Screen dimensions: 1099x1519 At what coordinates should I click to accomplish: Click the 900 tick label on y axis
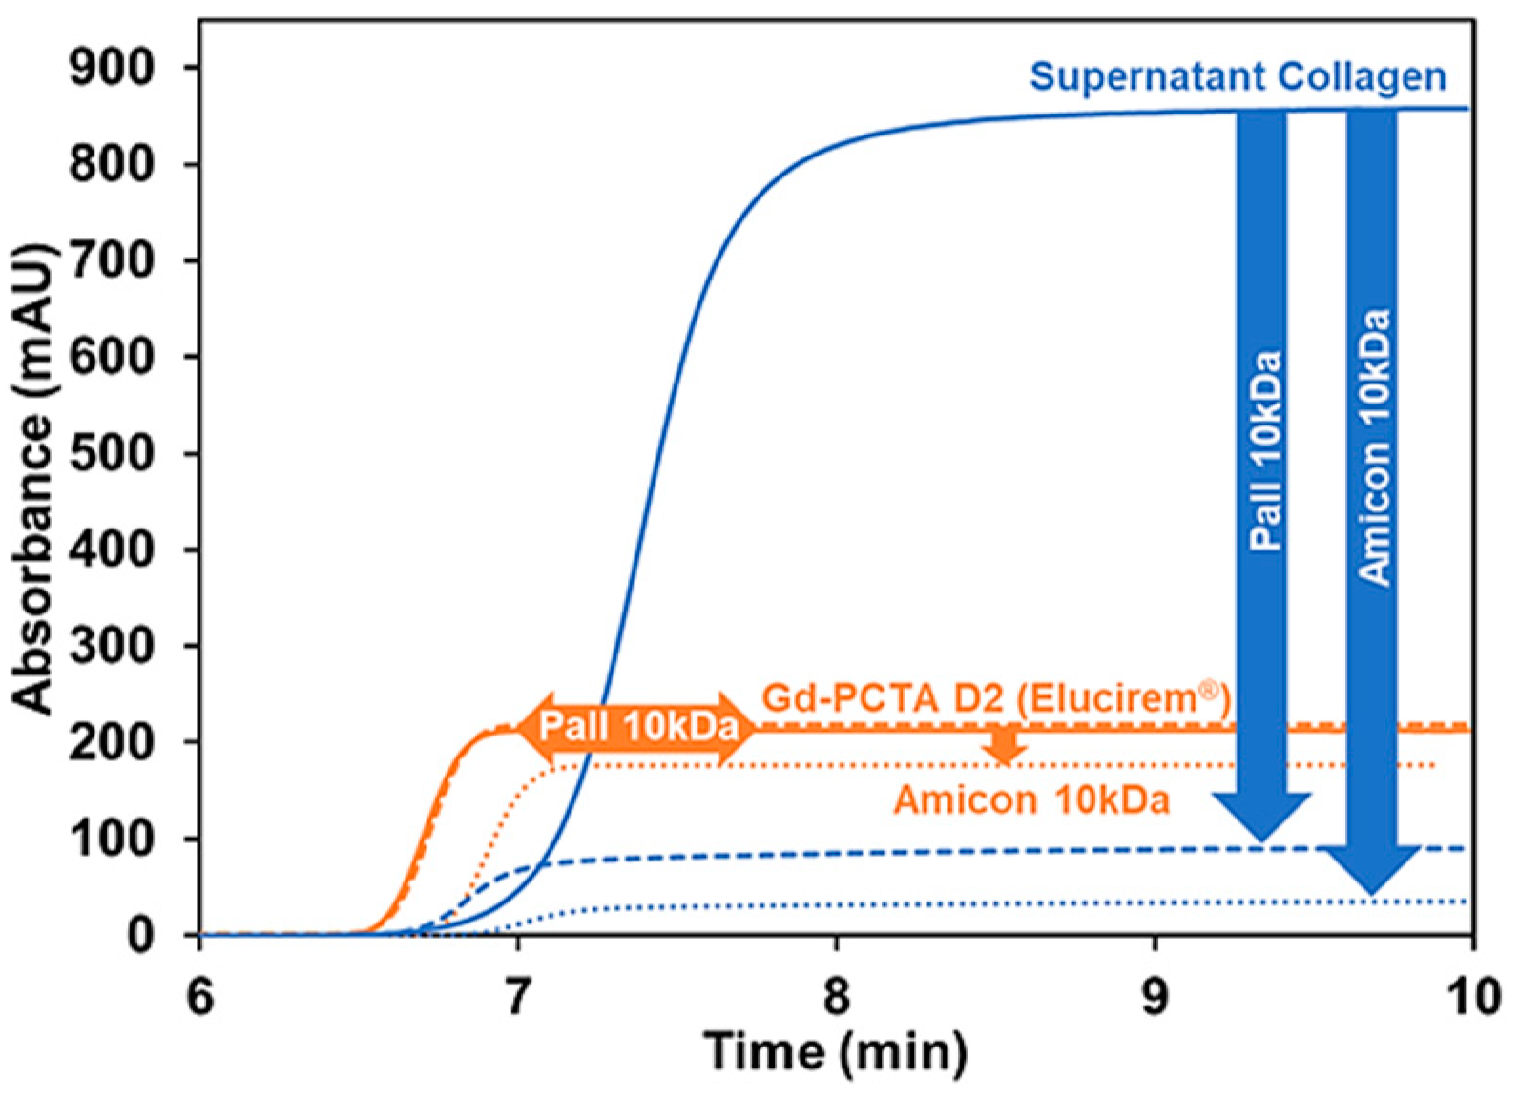tap(111, 68)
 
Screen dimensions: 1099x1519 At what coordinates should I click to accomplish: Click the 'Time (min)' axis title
tap(836, 1051)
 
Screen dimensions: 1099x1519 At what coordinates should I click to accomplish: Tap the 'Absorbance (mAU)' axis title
tap(34, 477)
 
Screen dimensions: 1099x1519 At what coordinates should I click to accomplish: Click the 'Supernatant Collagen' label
tap(1238, 76)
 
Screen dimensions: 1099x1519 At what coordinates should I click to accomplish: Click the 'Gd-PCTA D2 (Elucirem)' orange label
tap(995, 698)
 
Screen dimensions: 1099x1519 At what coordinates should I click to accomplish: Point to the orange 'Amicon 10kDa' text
tap(1031, 799)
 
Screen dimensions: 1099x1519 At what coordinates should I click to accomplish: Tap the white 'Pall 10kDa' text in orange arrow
tap(638, 728)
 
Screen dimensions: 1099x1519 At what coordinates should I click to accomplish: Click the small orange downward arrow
tap(1003, 746)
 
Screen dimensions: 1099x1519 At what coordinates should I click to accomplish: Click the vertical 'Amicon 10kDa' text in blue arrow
tap(1374, 446)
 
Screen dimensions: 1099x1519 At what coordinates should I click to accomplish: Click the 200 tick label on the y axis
tap(111, 742)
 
